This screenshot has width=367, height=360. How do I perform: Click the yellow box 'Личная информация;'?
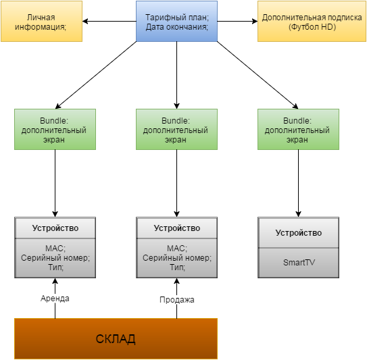[42, 22]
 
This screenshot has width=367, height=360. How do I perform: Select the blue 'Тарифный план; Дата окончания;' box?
[176, 22]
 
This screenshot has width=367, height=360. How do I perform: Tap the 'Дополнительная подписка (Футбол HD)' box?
[312, 22]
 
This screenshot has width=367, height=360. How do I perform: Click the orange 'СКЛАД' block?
[116, 338]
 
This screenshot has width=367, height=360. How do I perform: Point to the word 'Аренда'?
[55, 299]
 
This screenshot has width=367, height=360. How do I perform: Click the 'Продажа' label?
[177, 300]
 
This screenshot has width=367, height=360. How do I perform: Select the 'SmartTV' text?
[299, 263]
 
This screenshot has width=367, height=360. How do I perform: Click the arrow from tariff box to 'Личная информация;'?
[109, 22]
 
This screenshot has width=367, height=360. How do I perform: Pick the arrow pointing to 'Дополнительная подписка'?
[237, 22]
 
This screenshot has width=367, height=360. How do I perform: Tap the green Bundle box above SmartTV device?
[299, 129]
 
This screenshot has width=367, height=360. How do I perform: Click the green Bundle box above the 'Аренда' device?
[55, 129]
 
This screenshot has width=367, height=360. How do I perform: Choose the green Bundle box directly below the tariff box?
[176, 129]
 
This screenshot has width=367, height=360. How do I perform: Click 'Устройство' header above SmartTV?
[299, 233]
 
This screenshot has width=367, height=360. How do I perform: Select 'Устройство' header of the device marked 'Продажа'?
[176, 228]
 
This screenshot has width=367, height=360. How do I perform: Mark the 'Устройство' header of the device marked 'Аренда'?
[55, 228]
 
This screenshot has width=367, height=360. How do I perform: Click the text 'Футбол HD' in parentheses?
[312, 27]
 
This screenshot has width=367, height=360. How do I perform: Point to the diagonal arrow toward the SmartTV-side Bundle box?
[258, 75]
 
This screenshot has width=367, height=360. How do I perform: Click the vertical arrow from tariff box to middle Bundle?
[176, 75]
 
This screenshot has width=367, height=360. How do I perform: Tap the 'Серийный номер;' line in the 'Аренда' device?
[55, 258]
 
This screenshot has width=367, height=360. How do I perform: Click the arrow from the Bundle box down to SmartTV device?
[299, 184]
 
